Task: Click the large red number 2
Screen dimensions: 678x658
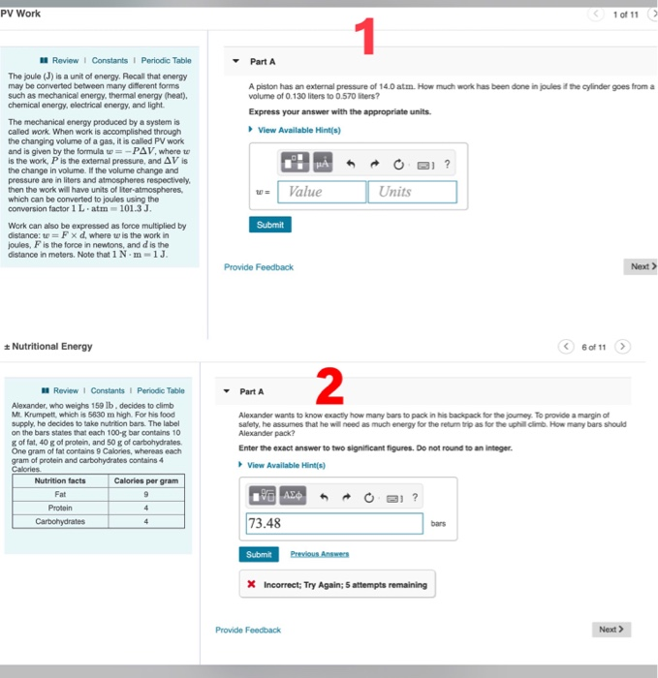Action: pos(330,389)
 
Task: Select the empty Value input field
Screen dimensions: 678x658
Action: pos(321,192)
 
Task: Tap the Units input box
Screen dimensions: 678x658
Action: pos(411,192)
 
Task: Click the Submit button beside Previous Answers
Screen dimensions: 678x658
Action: pos(259,554)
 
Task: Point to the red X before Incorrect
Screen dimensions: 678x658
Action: pos(252,584)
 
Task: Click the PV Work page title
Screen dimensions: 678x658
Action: pos(21,13)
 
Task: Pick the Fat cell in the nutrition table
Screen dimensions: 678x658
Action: pos(60,494)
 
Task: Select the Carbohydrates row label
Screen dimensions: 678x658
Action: pos(60,520)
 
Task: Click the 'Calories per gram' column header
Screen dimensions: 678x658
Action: pos(146,480)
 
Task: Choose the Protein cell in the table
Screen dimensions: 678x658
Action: pos(60,508)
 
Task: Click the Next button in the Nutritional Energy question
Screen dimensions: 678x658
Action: pos(612,630)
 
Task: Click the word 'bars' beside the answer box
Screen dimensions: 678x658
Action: pos(439,524)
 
